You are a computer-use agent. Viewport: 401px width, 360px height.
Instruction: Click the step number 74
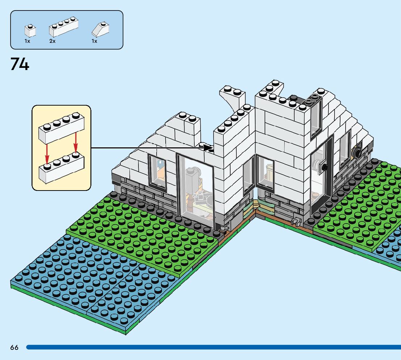pos(20,64)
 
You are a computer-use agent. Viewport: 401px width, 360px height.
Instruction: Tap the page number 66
pos(14,348)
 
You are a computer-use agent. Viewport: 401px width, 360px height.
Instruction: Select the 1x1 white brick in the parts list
pos(30,31)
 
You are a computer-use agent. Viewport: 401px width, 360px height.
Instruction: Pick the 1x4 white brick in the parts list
pos(64,27)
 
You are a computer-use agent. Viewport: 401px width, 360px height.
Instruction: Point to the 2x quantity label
pos(52,41)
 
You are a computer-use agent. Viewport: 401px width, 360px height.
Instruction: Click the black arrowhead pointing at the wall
pos(208,148)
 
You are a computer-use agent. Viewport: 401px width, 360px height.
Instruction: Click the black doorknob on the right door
pos(324,167)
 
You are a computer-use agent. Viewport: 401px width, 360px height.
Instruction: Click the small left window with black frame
pos(157,172)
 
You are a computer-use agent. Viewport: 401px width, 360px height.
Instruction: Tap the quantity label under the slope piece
pos(94,41)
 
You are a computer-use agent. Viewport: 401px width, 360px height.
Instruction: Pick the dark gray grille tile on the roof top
pos(313,98)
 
